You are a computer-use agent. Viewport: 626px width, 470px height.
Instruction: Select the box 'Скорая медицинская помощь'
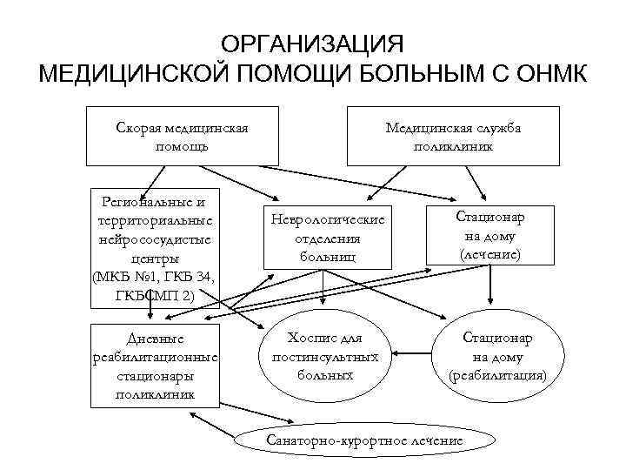[x=182, y=136]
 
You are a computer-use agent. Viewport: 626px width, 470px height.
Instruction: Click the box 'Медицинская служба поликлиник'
[x=452, y=136]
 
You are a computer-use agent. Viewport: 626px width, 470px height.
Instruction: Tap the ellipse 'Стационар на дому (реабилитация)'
[x=498, y=355]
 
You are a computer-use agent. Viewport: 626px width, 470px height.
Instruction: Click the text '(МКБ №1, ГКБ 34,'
[x=154, y=278]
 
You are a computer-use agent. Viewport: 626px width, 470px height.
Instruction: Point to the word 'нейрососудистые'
[x=154, y=239]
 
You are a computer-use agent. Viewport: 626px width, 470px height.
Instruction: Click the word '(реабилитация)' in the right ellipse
[x=498, y=375]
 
